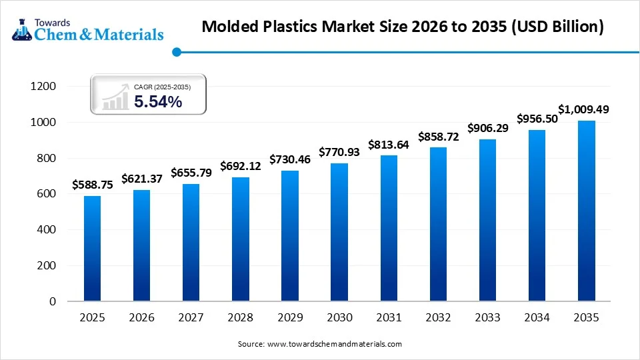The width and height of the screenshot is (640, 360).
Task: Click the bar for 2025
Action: [93, 248]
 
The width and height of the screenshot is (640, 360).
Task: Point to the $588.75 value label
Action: [93, 185]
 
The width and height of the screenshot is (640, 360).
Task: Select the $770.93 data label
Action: [339, 152]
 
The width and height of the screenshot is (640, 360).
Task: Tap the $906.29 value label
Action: [487, 127]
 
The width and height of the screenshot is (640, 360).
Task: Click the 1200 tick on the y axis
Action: [43, 87]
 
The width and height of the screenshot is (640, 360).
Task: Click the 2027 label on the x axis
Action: [191, 318]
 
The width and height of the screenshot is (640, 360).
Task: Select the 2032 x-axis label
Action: [438, 318]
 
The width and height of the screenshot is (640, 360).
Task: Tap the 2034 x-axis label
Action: [537, 318]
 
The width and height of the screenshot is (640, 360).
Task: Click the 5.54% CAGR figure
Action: [158, 102]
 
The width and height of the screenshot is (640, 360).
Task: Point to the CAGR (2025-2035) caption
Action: [161, 87]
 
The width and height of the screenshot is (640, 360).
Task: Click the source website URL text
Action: [334, 344]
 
